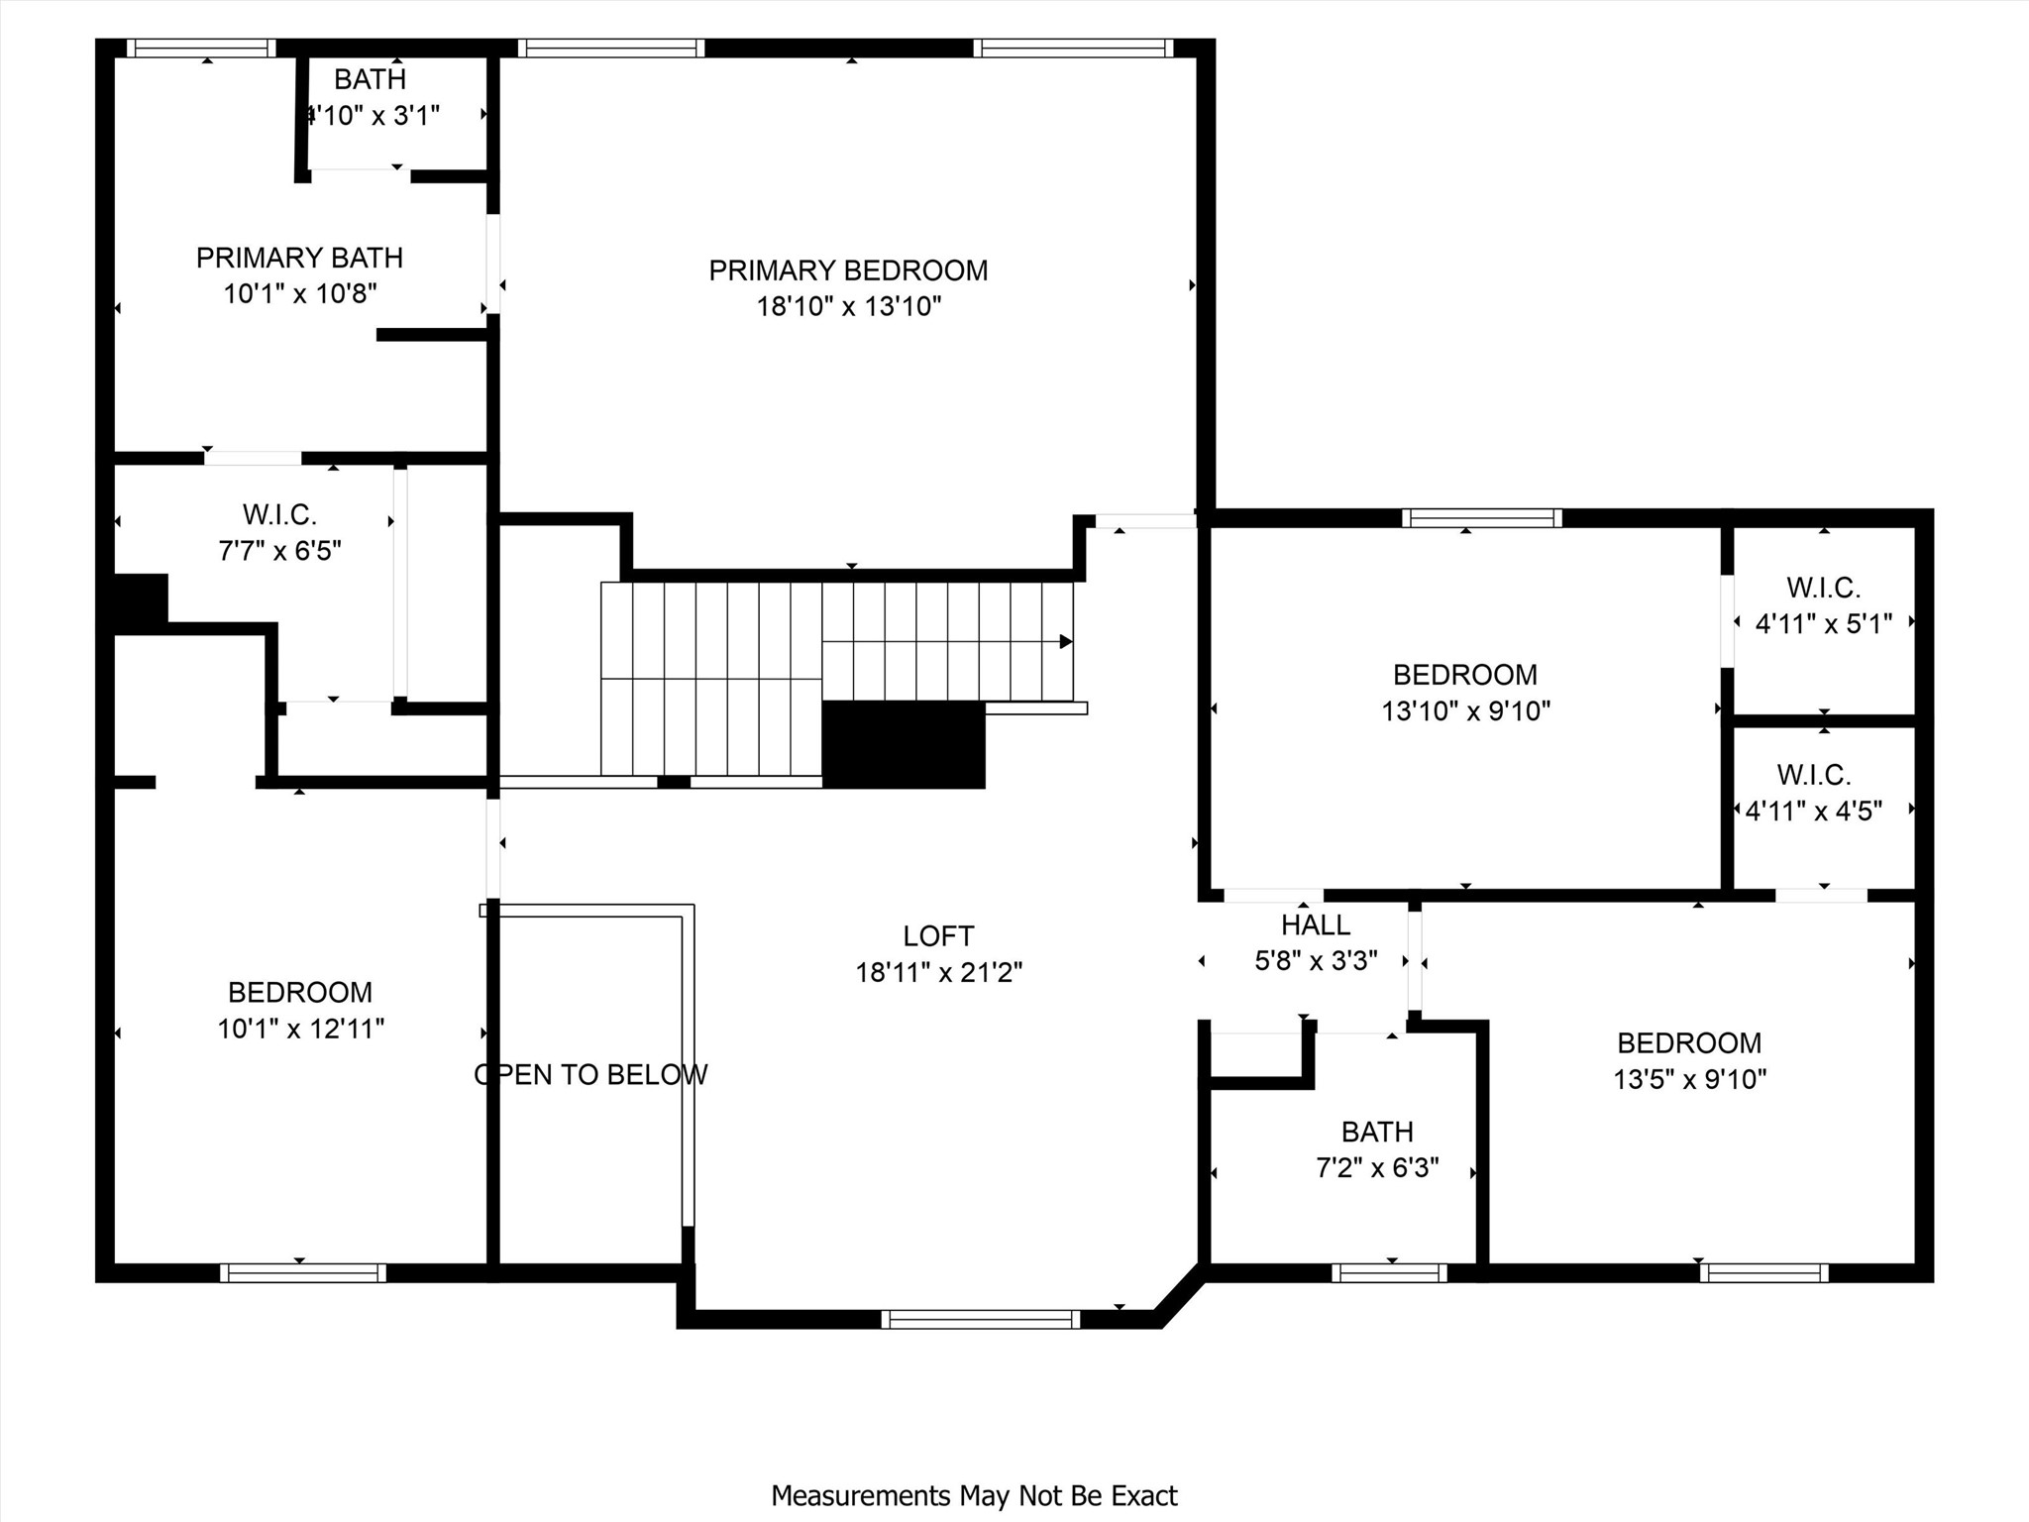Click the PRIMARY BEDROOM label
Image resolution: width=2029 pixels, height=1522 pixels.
point(848,271)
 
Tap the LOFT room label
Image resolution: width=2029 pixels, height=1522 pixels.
point(938,936)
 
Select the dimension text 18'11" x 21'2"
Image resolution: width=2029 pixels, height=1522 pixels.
point(939,973)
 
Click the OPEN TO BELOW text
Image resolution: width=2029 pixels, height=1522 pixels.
point(590,1074)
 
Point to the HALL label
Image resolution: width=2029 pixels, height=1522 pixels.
point(1316,925)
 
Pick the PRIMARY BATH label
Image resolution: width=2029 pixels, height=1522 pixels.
point(299,258)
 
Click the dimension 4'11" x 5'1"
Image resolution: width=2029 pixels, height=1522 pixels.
point(1824,623)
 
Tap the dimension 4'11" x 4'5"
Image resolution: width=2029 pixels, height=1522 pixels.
point(1814,812)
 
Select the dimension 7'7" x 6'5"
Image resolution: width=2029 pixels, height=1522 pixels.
point(280,550)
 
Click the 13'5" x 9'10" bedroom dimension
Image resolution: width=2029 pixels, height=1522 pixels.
point(1690,1079)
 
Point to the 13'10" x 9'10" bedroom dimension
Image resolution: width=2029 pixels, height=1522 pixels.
point(1466,711)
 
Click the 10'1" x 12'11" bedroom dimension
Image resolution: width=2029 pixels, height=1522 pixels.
point(301,1029)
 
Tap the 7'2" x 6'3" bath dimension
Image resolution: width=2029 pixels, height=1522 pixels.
point(1377,1168)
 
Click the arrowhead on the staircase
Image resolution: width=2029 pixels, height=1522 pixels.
point(1066,641)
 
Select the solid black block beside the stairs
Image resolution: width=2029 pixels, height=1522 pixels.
point(904,744)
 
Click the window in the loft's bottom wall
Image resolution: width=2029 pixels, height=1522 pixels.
point(980,1319)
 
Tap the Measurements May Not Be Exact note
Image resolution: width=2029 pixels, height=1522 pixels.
point(975,1495)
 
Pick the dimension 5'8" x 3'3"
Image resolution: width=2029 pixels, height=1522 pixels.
point(1317,961)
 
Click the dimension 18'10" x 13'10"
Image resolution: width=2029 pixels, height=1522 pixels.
point(849,306)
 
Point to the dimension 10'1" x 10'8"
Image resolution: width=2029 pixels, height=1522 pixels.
point(300,294)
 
